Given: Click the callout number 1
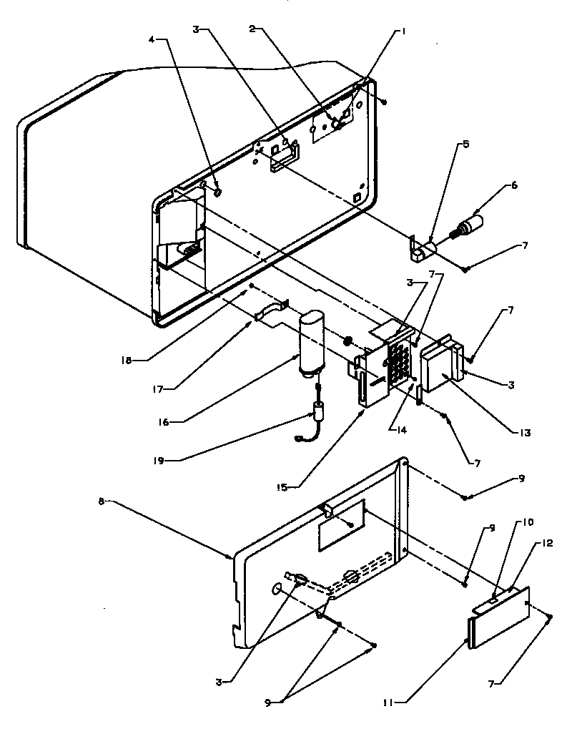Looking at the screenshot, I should point(403,31).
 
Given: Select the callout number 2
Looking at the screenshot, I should point(252,29).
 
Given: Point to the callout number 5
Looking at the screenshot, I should point(465,144).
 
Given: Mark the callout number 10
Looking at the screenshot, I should point(528,522).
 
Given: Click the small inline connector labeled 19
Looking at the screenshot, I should point(316,415).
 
